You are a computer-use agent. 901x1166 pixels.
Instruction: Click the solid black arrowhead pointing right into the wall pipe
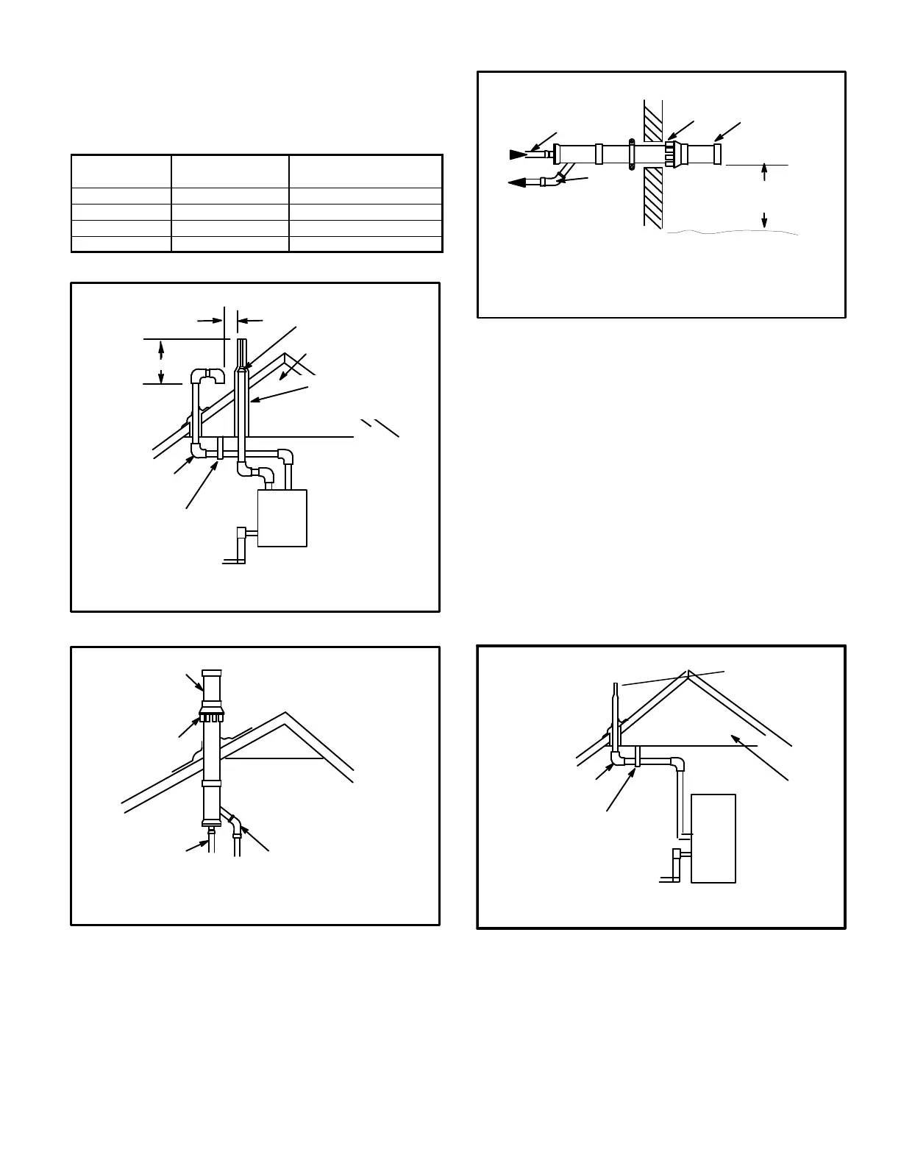click(518, 154)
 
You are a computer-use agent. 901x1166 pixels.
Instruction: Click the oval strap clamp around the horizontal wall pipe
click(631, 154)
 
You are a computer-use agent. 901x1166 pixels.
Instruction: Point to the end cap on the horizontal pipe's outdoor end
click(717, 154)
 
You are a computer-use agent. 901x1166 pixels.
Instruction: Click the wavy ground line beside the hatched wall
click(732, 232)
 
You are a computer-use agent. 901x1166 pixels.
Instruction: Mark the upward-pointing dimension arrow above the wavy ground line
click(765, 171)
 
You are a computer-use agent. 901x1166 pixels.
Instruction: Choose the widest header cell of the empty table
click(366, 171)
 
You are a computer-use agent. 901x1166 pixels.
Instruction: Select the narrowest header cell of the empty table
click(121, 171)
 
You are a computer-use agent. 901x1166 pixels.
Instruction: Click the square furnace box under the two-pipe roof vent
click(282, 518)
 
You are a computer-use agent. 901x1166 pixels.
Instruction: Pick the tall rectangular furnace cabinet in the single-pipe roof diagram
click(713, 838)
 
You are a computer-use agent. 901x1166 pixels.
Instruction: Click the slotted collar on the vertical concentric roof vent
click(210, 717)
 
